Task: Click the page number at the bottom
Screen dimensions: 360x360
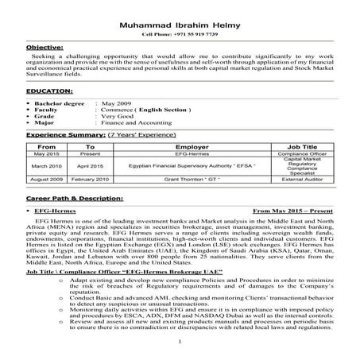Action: point(180,343)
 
